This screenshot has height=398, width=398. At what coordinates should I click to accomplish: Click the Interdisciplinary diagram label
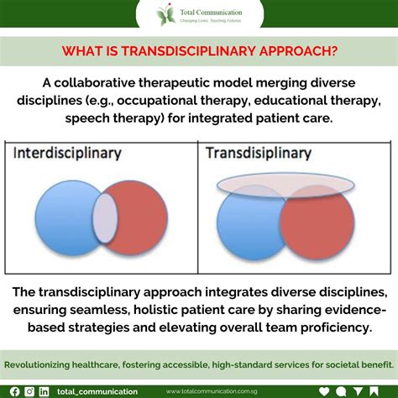pos(67,154)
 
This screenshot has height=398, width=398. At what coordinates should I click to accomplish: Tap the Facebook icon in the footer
pos(14,391)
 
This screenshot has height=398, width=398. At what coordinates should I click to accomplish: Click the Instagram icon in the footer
pos(29,391)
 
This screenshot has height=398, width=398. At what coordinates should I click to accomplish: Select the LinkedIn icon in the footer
pos(44,391)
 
